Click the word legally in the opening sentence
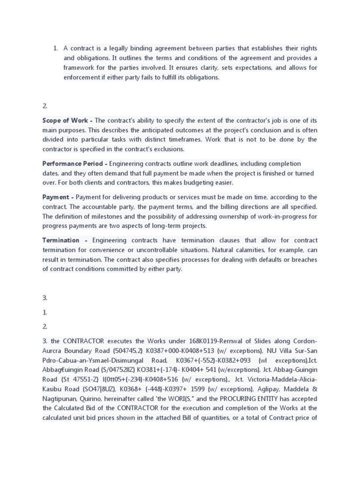click(113, 48)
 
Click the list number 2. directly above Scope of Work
click(45, 106)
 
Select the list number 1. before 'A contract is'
click(55, 48)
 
